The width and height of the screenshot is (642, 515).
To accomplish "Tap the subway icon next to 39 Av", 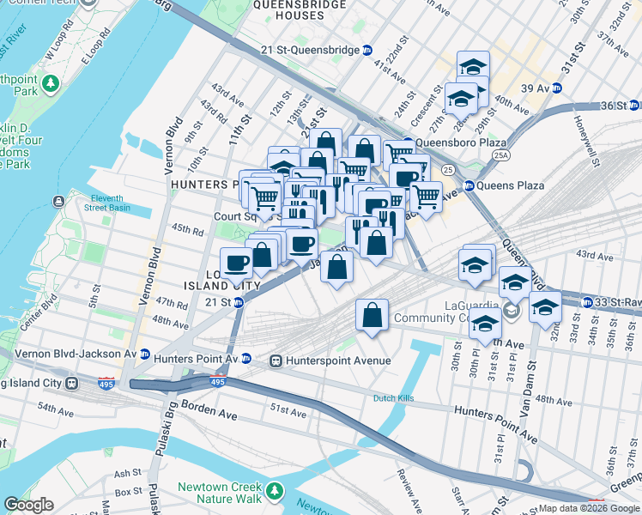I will (x=556, y=88).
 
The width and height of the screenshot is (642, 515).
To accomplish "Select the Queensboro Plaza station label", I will (x=456, y=143).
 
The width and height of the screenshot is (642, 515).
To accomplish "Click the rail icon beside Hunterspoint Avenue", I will (x=276, y=360).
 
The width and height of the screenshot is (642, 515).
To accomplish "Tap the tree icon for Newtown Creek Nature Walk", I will (x=274, y=491).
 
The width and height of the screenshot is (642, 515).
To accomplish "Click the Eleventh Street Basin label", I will (x=113, y=202).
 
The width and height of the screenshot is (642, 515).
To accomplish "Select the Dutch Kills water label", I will (x=395, y=398).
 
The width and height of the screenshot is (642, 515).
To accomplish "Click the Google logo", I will (x=29, y=505).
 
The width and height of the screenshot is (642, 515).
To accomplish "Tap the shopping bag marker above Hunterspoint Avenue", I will (x=372, y=315).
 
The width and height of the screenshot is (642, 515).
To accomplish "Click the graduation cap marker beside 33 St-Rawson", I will (x=544, y=306).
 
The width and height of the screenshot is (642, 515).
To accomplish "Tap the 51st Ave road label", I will (x=289, y=413).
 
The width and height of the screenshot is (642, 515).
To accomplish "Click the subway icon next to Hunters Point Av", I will (x=245, y=359).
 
